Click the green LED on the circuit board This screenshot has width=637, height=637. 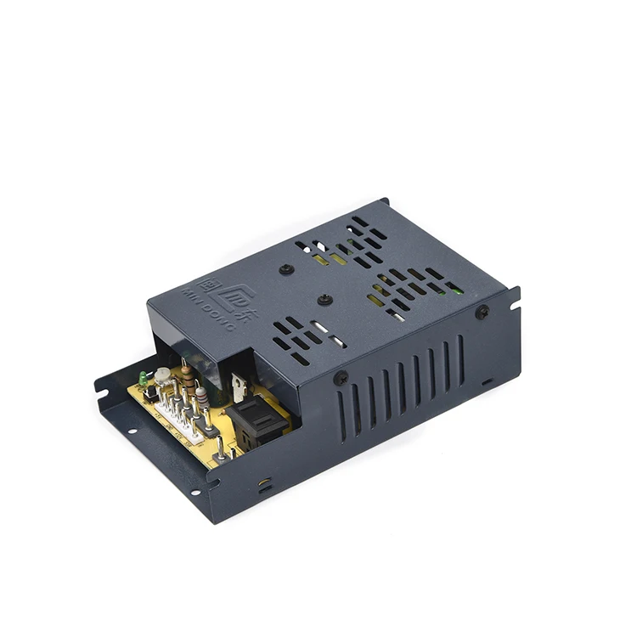pos(143,377)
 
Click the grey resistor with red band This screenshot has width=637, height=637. pos(201,397)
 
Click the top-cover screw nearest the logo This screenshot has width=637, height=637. pos(287,269)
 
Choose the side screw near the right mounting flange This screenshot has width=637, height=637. pos(482,312)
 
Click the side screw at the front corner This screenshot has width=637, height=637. pos(340,379)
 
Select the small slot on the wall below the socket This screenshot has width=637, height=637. pos(265,482)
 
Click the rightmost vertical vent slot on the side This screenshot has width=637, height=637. pos(461,349)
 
